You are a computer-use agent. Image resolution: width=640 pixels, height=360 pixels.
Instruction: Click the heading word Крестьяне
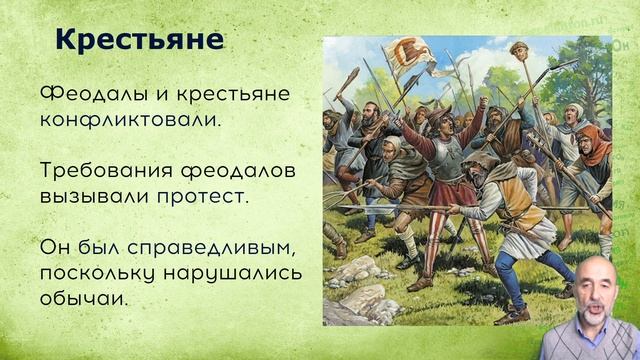pos(139,40)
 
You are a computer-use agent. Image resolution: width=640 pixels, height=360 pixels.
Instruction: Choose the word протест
pos(205,197)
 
